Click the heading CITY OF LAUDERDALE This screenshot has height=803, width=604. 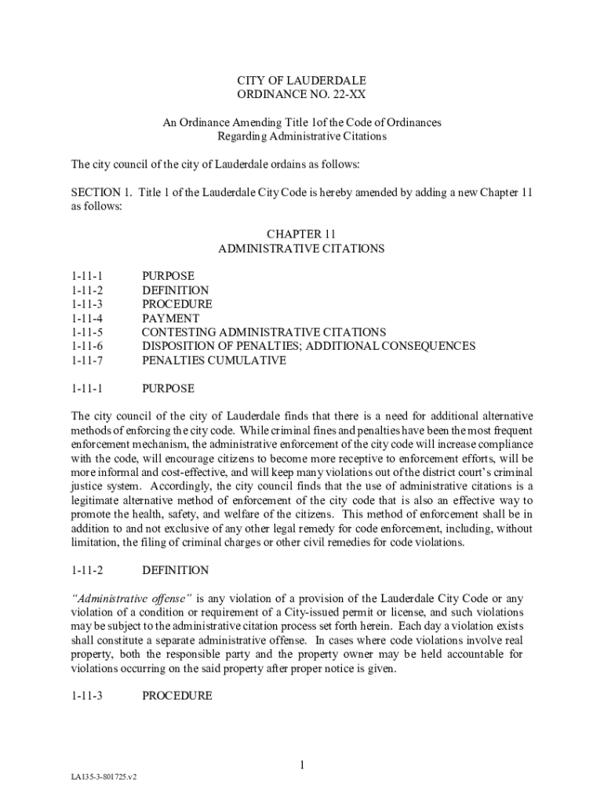[301, 81]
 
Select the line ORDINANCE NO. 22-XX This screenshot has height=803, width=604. [301, 95]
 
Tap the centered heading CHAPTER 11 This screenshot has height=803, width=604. [301, 234]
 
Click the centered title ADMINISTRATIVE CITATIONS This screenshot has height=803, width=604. [301, 249]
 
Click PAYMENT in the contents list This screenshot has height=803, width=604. [170, 318]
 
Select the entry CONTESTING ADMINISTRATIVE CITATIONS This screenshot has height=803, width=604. [264, 332]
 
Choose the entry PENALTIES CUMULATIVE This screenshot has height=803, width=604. [213, 361]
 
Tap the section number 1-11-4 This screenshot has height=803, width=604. [87, 318]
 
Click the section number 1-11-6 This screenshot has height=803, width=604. [87, 347]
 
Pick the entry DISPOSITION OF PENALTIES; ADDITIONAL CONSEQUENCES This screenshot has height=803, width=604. [308, 347]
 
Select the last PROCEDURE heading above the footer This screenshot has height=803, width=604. [176, 696]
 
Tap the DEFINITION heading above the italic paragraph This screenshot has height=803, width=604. [175, 570]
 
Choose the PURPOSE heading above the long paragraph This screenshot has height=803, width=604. [168, 388]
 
